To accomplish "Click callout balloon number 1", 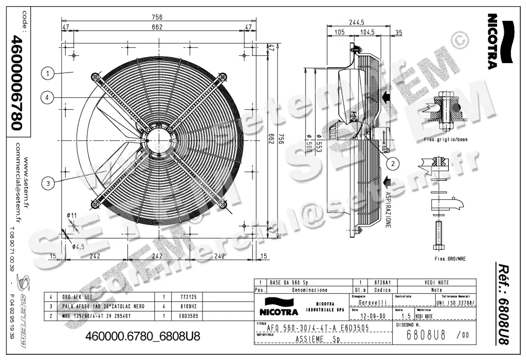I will coord(47,73).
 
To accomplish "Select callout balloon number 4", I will coord(47,98).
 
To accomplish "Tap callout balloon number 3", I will coord(47,184).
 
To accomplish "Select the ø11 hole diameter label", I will coord(72,215).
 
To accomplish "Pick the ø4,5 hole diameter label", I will coord(79,246).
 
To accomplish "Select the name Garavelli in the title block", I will coord(372,302).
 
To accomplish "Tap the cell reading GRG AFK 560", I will coord(77,296).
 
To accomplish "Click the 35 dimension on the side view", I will coord(398,32).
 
